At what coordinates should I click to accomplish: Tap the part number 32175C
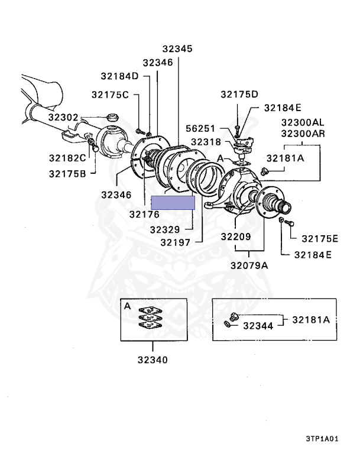[x=109, y=95]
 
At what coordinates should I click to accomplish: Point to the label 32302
[x=63, y=118]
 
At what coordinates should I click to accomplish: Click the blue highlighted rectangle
[x=173, y=203]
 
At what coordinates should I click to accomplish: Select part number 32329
[x=167, y=229]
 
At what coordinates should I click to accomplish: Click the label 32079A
[x=249, y=265]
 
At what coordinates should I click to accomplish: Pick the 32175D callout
[x=239, y=94]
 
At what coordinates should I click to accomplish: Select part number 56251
[x=201, y=128]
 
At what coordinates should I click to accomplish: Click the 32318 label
[x=205, y=142]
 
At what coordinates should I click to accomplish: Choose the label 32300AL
[x=303, y=121]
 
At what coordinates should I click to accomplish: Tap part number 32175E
[x=319, y=239]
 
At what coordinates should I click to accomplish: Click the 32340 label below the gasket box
[x=153, y=359]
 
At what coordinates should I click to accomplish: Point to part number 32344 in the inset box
[x=258, y=325]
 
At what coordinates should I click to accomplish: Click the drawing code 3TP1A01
[x=322, y=439]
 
